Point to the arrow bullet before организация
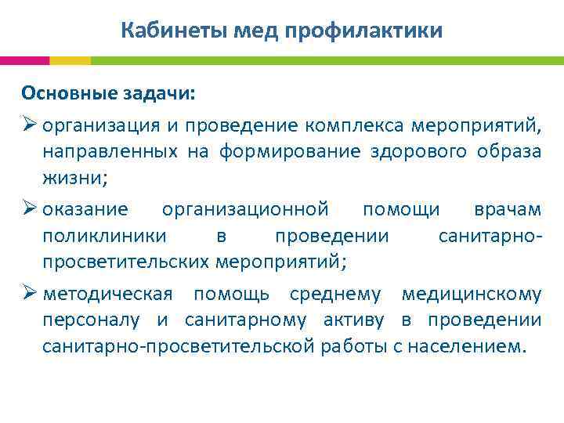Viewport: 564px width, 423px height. pyautogui.click(x=29, y=125)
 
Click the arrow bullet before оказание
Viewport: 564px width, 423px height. pyautogui.click(x=29, y=209)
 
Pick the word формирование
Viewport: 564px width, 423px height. pyautogui.click(x=288, y=151)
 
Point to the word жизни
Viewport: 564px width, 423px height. pyautogui.click(x=73, y=177)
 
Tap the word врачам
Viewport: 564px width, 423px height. pyautogui.click(x=507, y=209)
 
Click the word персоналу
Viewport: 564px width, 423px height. pyautogui.click(x=92, y=320)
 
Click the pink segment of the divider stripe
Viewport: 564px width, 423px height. pyautogui.click(x=24, y=60)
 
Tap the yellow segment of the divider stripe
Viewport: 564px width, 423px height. pyautogui.click(x=70, y=60)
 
